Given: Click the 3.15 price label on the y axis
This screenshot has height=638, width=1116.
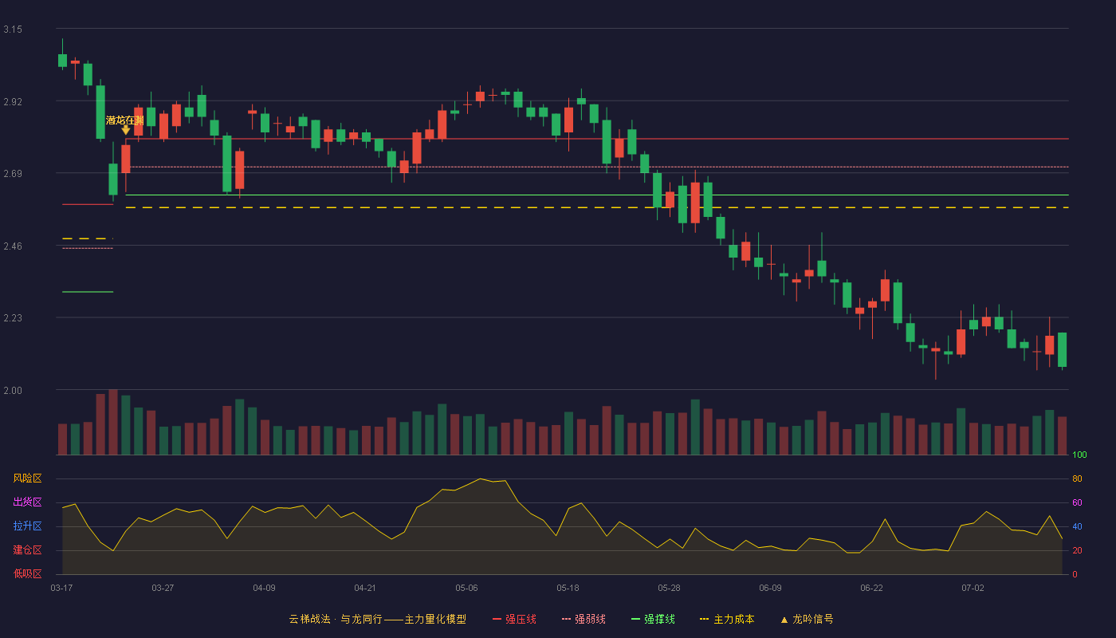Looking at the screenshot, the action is [x=13, y=30].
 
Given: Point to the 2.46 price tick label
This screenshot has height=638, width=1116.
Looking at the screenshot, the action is [x=13, y=246].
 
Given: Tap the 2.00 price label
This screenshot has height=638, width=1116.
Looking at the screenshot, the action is [x=13, y=391].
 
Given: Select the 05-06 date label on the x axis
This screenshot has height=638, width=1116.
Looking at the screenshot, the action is [x=466, y=589].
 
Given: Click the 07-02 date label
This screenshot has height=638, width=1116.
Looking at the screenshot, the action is [x=973, y=589].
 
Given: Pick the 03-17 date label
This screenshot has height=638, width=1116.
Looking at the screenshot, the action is [x=62, y=589].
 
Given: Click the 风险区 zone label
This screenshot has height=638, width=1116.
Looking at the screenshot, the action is [x=27, y=478].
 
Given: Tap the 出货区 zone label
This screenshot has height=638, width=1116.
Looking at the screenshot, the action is [x=27, y=502].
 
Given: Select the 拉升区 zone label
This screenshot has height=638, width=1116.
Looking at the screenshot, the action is [x=27, y=526].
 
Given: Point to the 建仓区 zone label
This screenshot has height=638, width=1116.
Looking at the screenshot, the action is [x=27, y=549].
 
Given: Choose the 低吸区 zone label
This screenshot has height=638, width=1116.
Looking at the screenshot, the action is [x=27, y=573].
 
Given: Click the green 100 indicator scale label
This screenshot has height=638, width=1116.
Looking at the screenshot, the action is [x=1079, y=455].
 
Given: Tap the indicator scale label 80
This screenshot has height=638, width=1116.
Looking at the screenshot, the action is [x=1077, y=478].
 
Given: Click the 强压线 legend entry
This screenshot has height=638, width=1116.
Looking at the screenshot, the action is [x=514, y=619].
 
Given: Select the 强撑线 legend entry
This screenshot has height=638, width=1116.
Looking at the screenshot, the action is [x=653, y=619].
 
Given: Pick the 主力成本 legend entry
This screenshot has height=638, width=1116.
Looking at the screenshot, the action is [x=727, y=619].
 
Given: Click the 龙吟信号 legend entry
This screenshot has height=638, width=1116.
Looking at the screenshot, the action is [x=807, y=619].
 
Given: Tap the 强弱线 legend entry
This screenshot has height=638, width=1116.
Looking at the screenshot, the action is [x=584, y=619].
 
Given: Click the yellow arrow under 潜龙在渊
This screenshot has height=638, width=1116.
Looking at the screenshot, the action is [x=126, y=130].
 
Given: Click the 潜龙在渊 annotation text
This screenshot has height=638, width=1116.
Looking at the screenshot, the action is [x=124, y=120].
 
